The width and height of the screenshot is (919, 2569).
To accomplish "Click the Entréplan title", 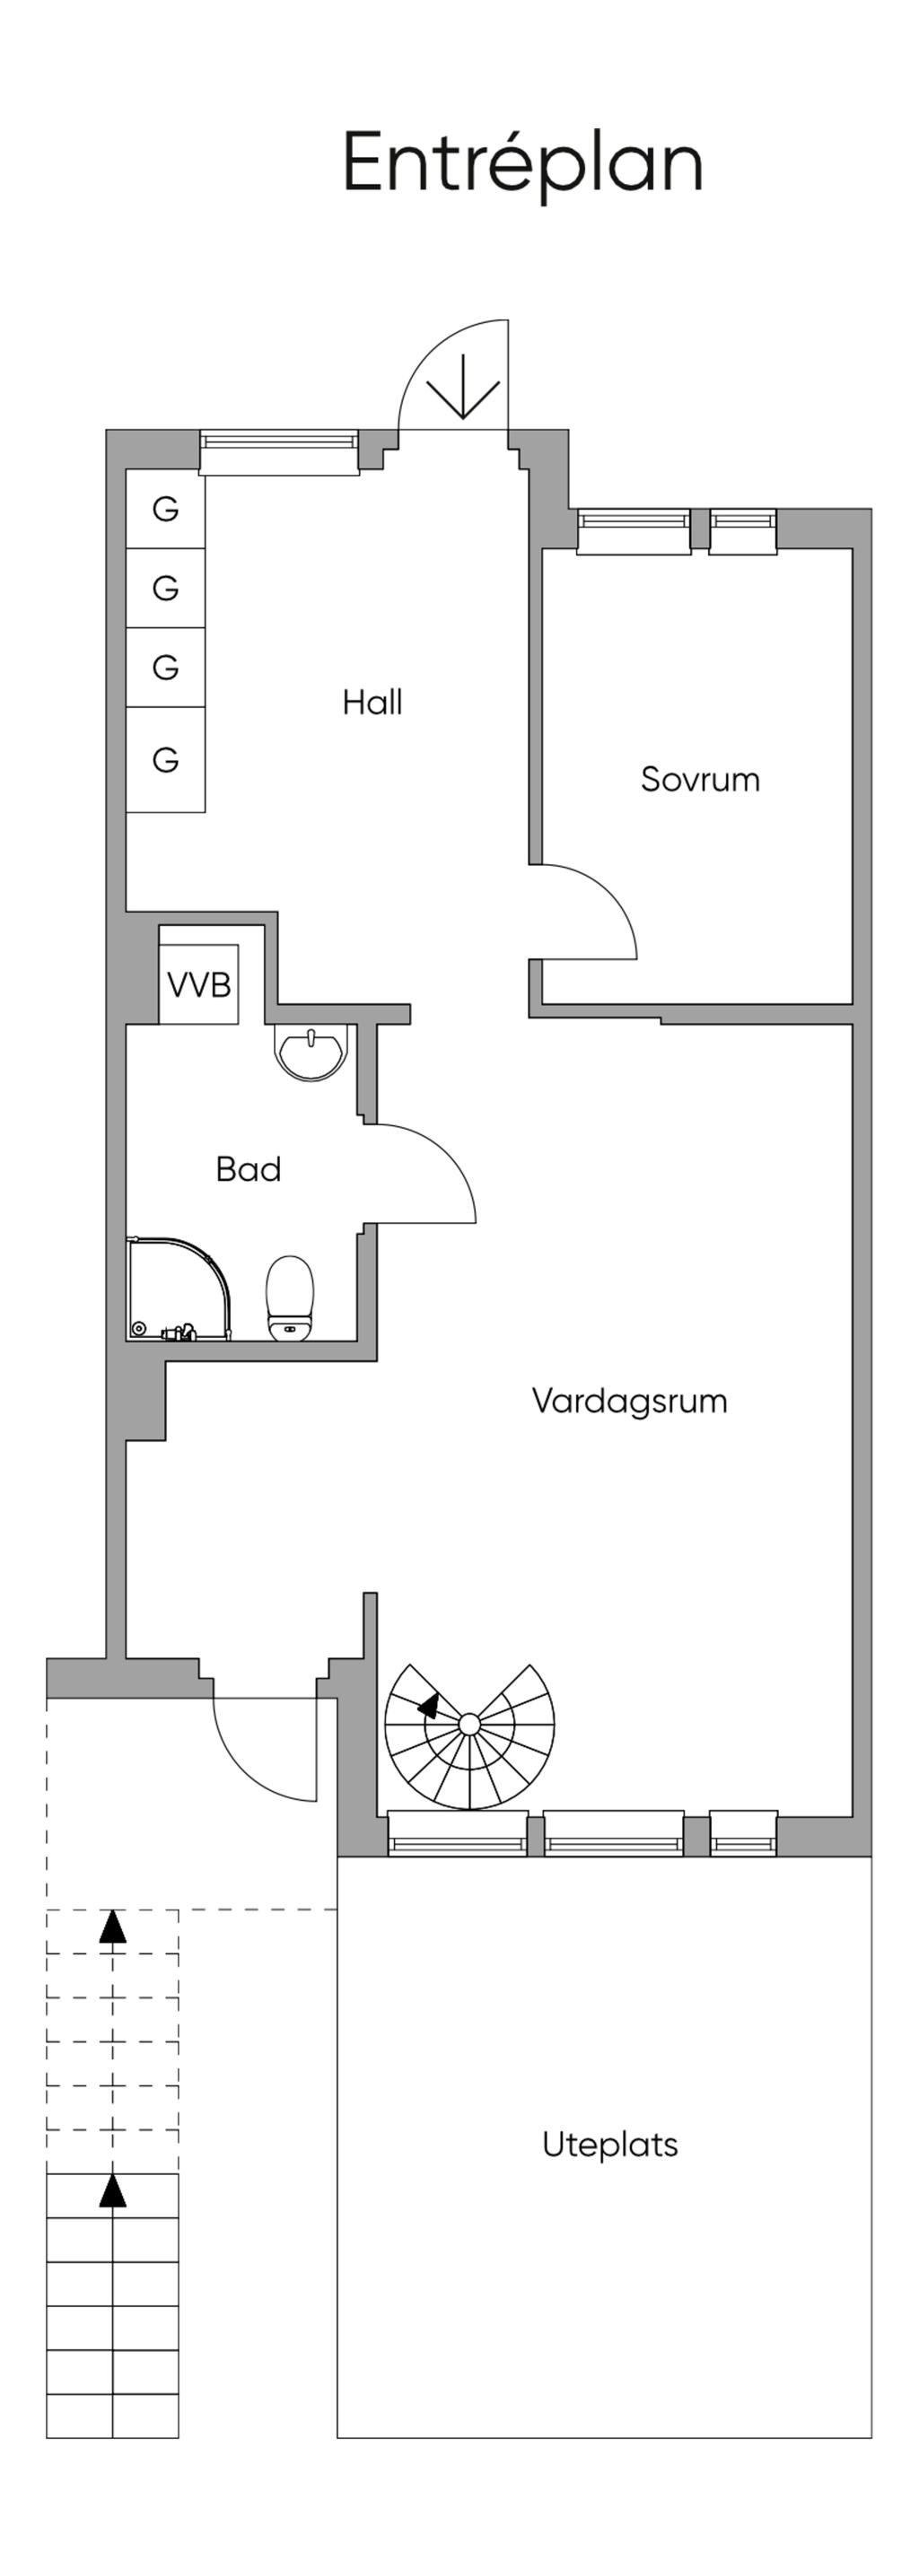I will tap(523, 162).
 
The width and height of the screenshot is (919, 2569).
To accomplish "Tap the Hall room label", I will tap(372, 702).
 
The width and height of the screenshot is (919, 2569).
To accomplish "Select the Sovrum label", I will tap(699, 779).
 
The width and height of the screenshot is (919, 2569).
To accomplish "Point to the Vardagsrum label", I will tap(628, 1400).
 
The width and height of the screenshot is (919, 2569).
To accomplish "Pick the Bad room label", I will tap(249, 1169).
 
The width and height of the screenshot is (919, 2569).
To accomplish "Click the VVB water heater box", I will tap(199, 984).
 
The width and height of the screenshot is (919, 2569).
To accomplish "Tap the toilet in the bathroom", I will tap(291, 1298).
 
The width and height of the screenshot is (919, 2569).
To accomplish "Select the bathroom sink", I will tap(311, 1053).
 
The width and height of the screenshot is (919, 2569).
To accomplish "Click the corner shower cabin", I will tap(175, 1289).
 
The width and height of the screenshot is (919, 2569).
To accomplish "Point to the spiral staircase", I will tap(469, 1735).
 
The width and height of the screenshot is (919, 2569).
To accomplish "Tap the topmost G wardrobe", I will tap(166, 509).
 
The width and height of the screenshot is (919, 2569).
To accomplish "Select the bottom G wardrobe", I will tap(166, 760).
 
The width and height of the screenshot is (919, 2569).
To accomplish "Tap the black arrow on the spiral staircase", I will tap(429, 1706).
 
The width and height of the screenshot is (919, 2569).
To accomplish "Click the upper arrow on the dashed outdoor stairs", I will tap(113, 1927).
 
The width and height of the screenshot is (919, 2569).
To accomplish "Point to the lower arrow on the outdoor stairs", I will tap(113, 2192).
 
